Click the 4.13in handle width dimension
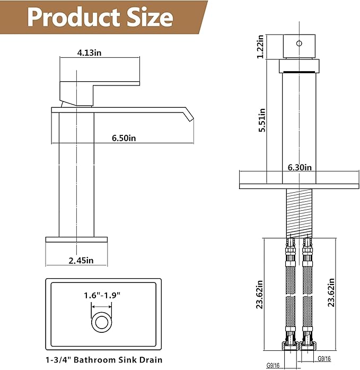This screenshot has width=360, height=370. pyautogui.click(x=89, y=53)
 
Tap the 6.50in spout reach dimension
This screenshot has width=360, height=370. pyautogui.click(x=124, y=138)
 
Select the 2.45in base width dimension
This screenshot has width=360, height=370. pyautogui.click(x=81, y=261)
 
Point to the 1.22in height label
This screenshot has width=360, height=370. pyautogui.click(x=260, y=47)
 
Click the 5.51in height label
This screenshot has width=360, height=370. pyautogui.click(x=262, y=120)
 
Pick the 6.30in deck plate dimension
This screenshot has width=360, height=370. pyautogui.click(x=300, y=168)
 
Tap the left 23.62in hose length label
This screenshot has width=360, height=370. pyautogui.click(x=260, y=295)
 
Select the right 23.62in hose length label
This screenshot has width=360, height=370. pyautogui.click(x=331, y=292)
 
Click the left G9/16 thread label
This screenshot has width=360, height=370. pyautogui.click(x=273, y=366)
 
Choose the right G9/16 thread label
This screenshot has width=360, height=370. pyautogui.click(x=324, y=359)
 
